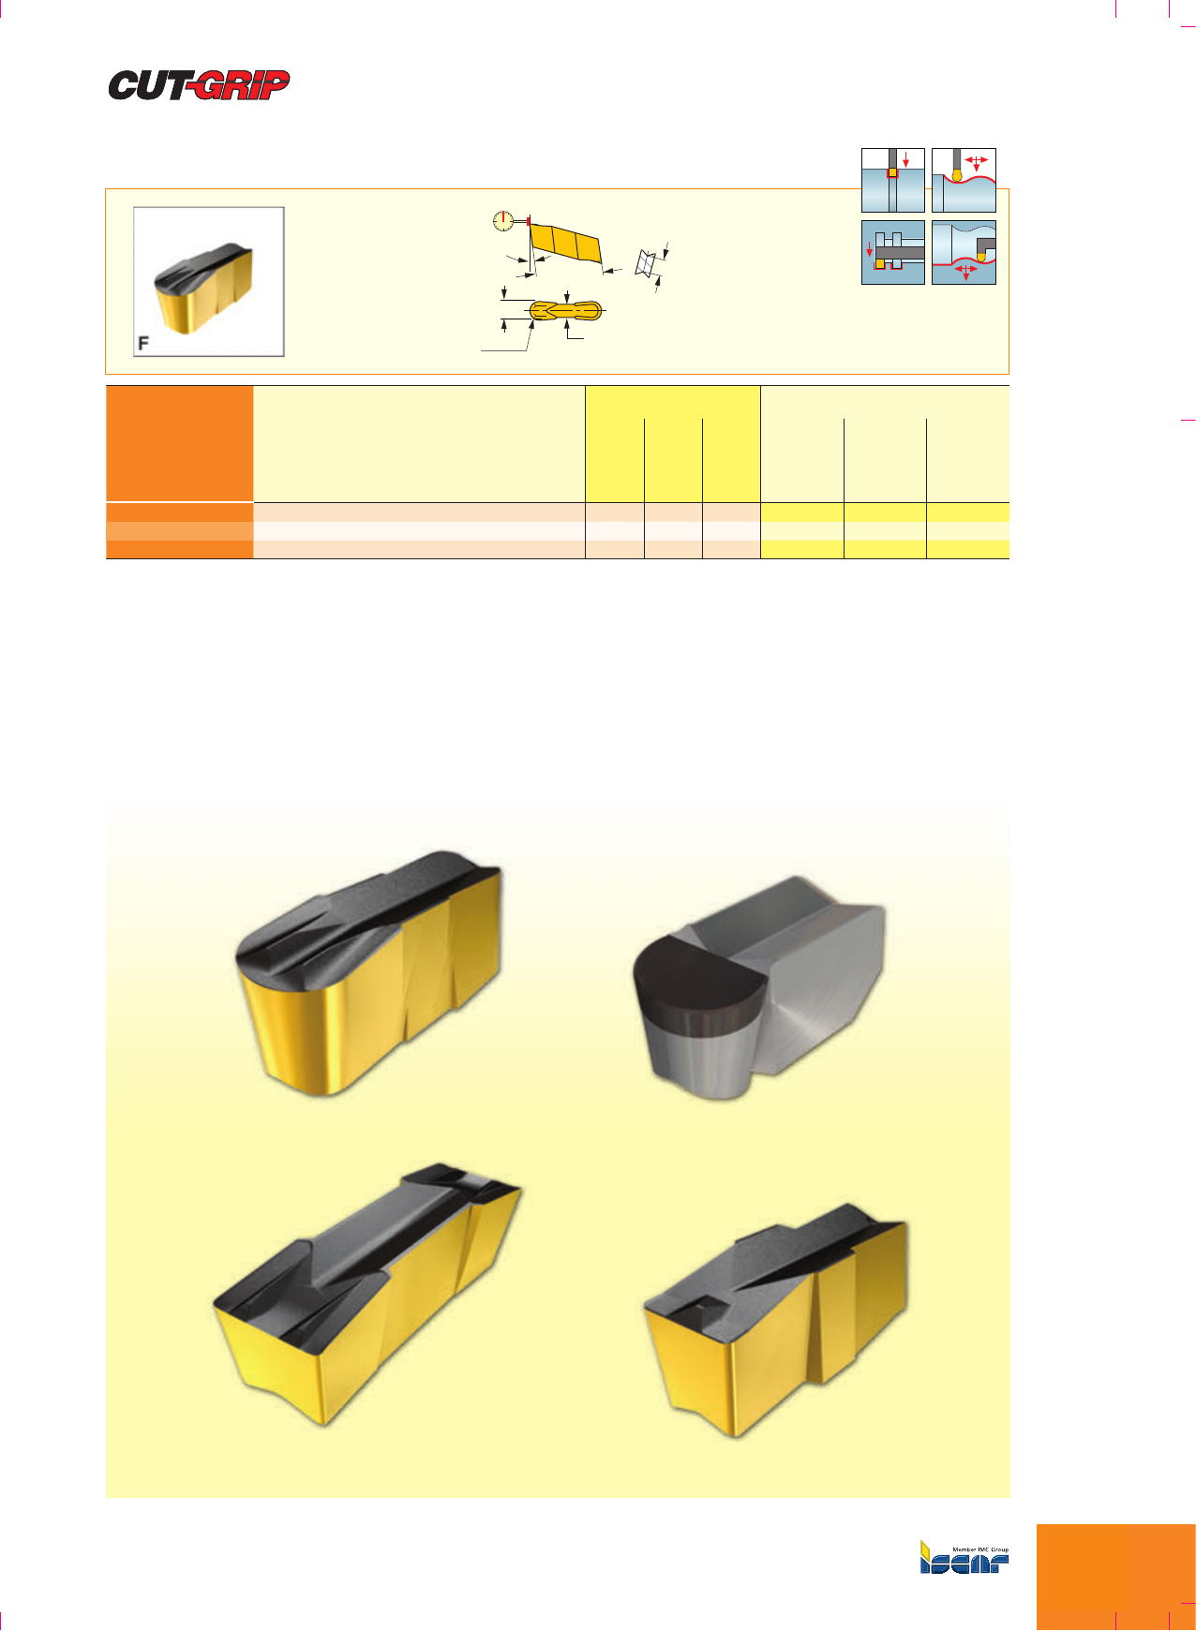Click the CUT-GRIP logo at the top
click(x=199, y=85)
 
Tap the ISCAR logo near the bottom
click(x=964, y=1557)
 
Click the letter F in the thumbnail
click(x=143, y=344)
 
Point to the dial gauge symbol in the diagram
click(x=503, y=221)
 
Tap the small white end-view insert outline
click(x=644, y=263)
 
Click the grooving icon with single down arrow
click(x=893, y=180)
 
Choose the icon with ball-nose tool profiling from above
click(x=964, y=180)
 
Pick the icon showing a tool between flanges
click(x=893, y=252)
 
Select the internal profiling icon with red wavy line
click(x=964, y=252)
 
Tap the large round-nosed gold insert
click(x=368, y=972)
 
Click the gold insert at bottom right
click(x=776, y=1320)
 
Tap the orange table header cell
click(x=179, y=444)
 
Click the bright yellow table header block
click(x=673, y=444)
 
